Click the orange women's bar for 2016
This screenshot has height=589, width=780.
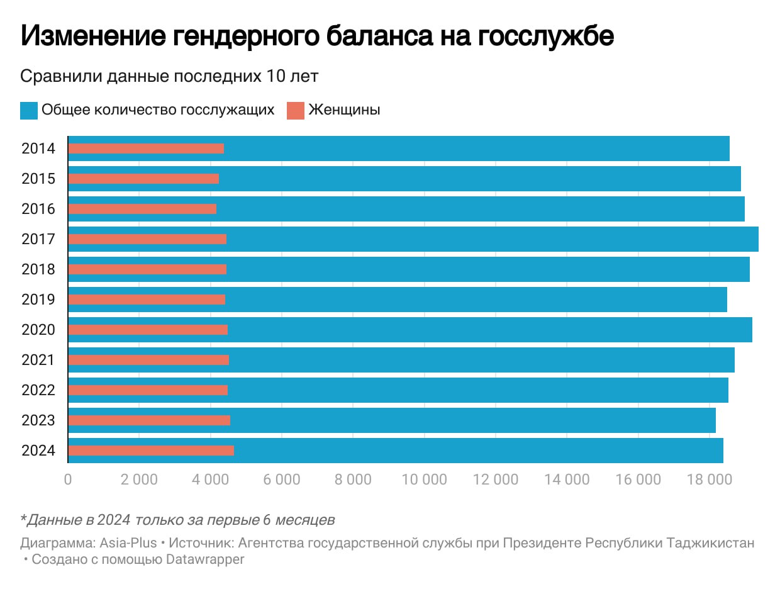coord(142,209)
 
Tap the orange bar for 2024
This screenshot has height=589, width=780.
coord(151,451)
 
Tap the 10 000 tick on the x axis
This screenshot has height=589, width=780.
coord(424,480)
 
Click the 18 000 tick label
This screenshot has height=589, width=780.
coord(709,480)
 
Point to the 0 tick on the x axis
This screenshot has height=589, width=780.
coord(68,480)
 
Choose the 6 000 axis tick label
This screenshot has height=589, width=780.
coord(282,480)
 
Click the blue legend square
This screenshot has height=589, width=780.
coord(29,110)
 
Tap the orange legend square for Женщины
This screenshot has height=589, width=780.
coord(295,110)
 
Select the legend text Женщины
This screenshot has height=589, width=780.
coord(344,110)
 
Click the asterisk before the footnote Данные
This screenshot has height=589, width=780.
coord(23,519)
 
